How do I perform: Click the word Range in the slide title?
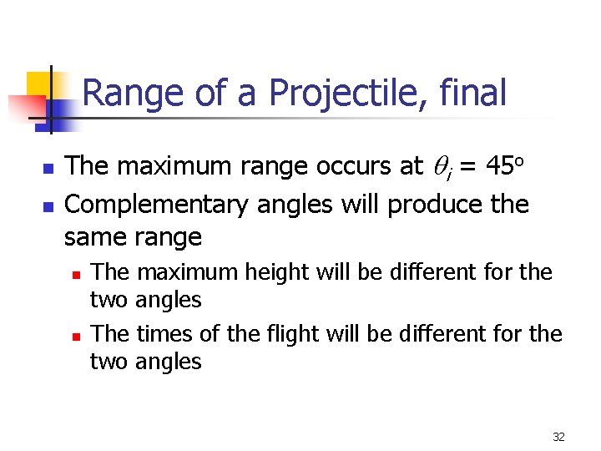pos(134,93)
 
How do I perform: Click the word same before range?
pos(94,237)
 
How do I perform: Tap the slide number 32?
pos(558,437)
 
